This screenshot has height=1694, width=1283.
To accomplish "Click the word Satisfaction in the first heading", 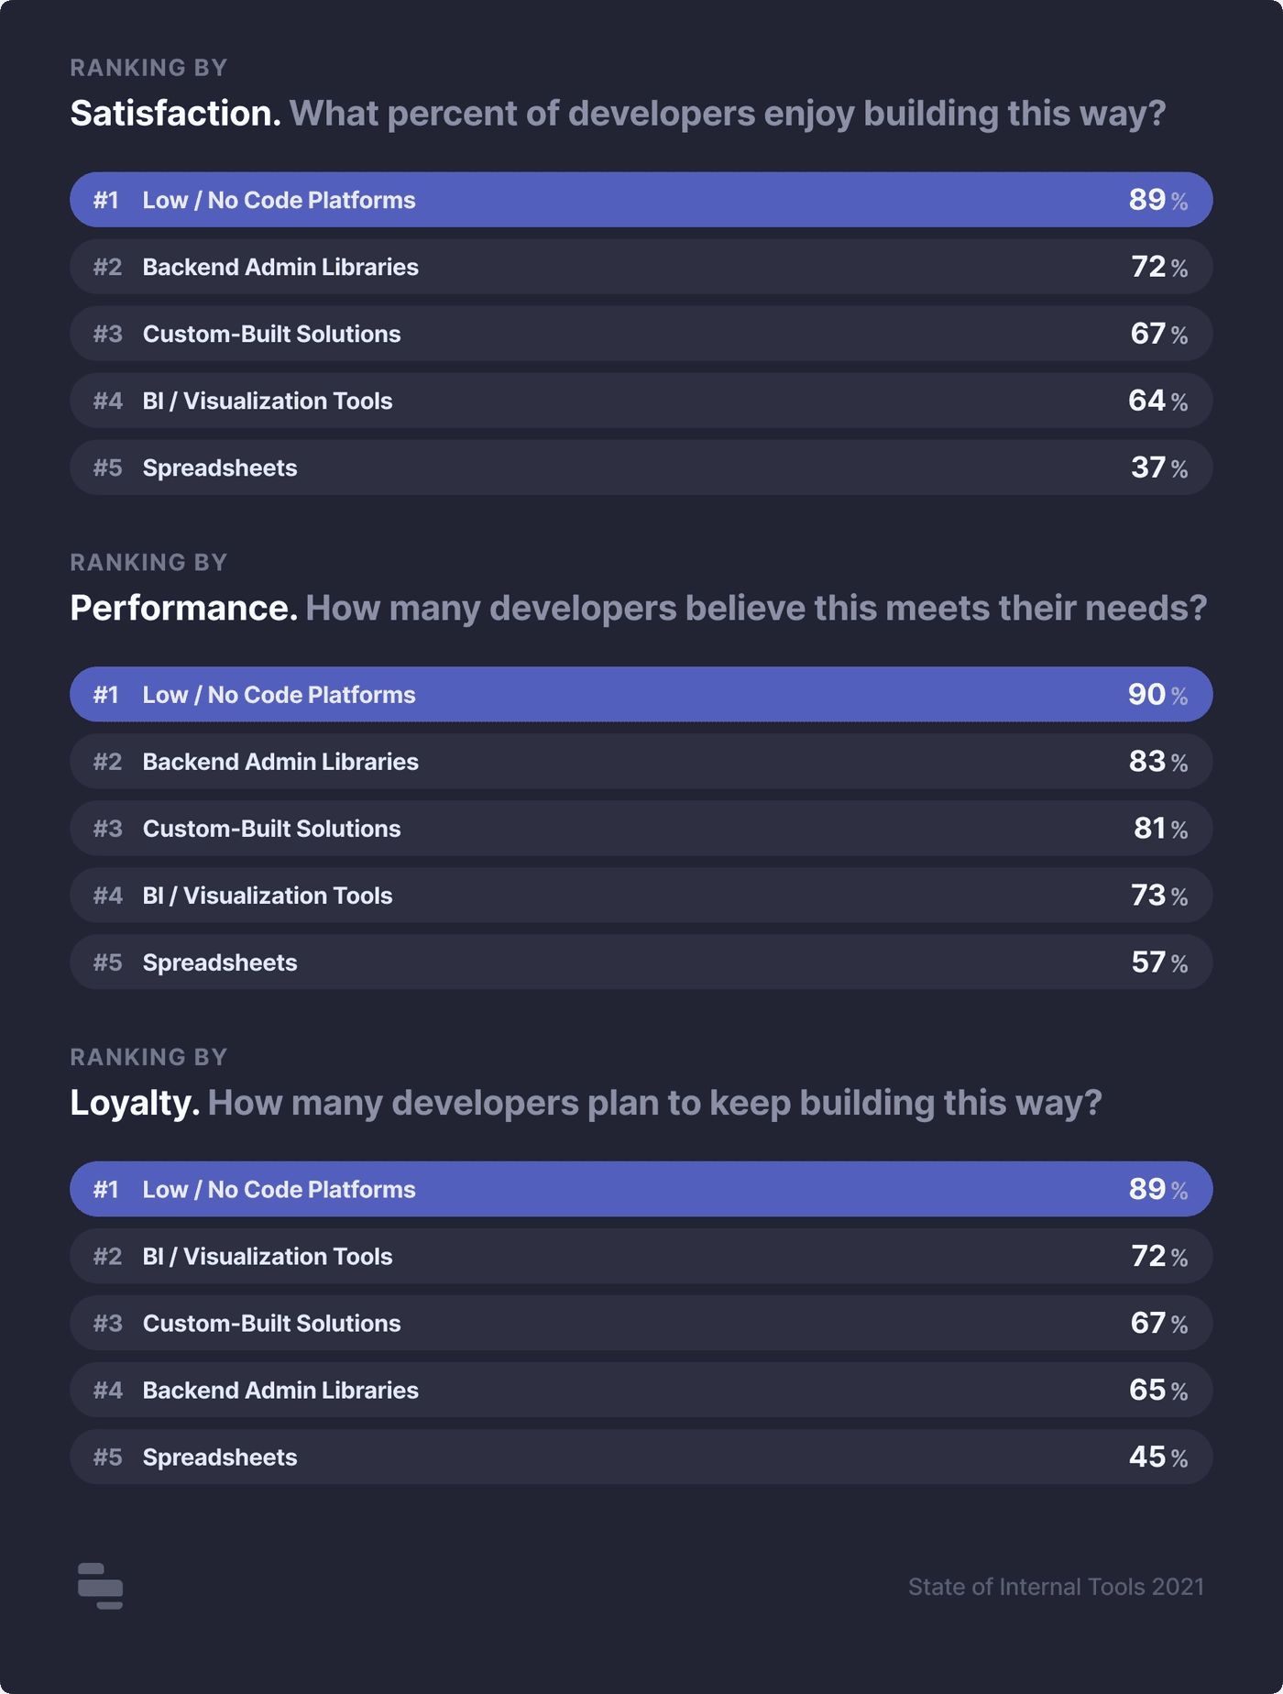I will [175, 114].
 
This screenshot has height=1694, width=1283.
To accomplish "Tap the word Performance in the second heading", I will [183, 609].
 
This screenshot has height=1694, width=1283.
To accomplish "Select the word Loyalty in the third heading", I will [135, 1103].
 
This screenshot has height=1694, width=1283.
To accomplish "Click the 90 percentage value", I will [1146, 695].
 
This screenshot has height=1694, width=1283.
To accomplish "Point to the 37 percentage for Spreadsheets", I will [1148, 467].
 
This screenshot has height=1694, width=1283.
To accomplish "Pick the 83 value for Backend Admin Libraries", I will [1147, 762].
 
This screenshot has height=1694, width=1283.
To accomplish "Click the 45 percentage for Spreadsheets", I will [1147, 1457].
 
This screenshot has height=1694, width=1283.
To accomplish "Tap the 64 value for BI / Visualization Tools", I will [1146, 401].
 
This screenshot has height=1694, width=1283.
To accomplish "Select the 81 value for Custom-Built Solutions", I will [1149, 829].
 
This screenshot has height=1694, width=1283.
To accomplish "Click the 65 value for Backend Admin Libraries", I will [1147, 1391].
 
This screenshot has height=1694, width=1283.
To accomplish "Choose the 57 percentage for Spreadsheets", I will [1148, 962].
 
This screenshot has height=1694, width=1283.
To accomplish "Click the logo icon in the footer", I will [100, 1586].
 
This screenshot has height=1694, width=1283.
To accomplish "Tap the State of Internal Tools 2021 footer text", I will [1056, 1587].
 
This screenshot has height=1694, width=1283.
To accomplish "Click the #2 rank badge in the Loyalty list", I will [107, 1257].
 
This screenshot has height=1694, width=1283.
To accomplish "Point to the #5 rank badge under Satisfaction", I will [107, 468].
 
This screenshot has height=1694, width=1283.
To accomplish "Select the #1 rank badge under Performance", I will [106, 695].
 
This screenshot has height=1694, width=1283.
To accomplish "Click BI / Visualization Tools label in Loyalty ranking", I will [268, 1257].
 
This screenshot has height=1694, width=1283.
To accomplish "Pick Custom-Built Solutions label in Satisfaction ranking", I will [271, 334].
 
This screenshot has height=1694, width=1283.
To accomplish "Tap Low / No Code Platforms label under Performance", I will [279, 695].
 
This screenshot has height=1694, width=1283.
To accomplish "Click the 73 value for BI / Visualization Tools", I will [1148, 896].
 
